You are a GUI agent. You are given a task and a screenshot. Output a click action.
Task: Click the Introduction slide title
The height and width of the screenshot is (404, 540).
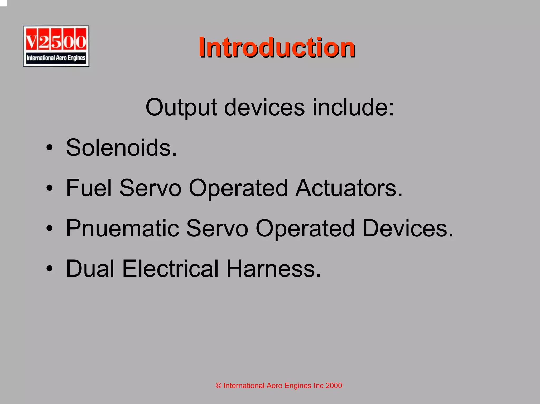(277, 47)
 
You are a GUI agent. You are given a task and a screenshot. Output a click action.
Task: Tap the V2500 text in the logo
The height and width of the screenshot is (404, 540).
(56, 41)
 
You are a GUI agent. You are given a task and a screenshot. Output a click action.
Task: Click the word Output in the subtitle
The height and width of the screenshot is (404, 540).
(181, 107)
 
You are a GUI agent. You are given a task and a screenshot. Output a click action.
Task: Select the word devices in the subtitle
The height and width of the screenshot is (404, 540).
(264, 107)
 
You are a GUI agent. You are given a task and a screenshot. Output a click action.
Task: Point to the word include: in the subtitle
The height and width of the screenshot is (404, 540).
(353, 107)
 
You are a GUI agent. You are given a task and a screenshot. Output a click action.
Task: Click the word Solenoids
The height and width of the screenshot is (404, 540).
(121, 148)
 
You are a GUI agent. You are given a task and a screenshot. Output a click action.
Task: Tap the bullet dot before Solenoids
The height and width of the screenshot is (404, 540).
(49, 148)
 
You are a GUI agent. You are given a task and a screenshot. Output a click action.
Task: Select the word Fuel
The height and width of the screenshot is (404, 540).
(89, 188)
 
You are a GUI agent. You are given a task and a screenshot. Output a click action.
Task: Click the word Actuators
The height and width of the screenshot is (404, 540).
(349, 188)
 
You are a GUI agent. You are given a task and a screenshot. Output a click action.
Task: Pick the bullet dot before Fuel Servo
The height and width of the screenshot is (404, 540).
(49, 188)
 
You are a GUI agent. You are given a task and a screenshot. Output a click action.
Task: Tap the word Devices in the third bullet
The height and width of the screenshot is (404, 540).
(407, 228)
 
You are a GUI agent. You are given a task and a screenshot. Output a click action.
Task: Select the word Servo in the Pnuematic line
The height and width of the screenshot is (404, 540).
(217, 228)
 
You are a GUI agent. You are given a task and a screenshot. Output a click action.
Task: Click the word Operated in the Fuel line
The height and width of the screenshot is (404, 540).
(238, 188)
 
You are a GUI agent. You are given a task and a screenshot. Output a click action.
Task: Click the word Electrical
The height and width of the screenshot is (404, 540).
(170, 269)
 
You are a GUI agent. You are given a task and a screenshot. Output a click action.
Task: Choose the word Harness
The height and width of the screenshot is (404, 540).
(273, 269)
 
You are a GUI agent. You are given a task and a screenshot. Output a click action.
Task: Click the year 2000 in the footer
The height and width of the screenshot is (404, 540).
(334, 386)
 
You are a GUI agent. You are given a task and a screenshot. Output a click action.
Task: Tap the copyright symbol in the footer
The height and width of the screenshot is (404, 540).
(219, 386)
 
